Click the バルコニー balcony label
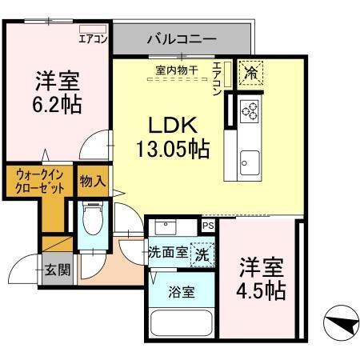click(182, 38)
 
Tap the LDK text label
click(170, 126)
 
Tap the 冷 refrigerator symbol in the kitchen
click(251, 71)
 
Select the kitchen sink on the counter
click(250, 157)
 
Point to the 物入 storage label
click(92, 182)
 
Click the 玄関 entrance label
click(56, 270)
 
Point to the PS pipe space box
click(208, 226)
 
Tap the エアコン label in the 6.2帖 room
click(94, 38)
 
